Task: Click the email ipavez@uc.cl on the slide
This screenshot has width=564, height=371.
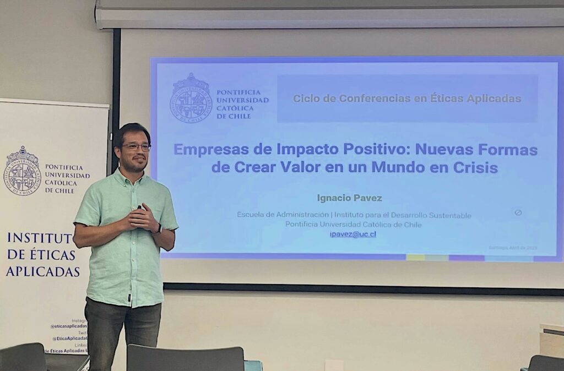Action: [352, 234]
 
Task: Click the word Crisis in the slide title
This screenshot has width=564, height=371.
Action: [475, 167]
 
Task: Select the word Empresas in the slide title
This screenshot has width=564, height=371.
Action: [208, 149]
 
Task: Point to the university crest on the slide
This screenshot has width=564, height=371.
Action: [191, 98]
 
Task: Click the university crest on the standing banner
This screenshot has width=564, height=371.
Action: [22, 171]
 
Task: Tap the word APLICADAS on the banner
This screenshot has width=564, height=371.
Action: [42, 271]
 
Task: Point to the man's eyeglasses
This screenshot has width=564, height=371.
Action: [135, 148]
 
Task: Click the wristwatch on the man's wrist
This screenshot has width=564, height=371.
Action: [159, 228]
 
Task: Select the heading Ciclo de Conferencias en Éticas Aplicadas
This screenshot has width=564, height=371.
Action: [406, 99]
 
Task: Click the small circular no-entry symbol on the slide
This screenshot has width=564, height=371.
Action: [518, 212]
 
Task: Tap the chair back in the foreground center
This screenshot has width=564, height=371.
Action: [185, 358]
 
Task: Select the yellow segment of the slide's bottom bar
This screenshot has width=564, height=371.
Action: [415, 257]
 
